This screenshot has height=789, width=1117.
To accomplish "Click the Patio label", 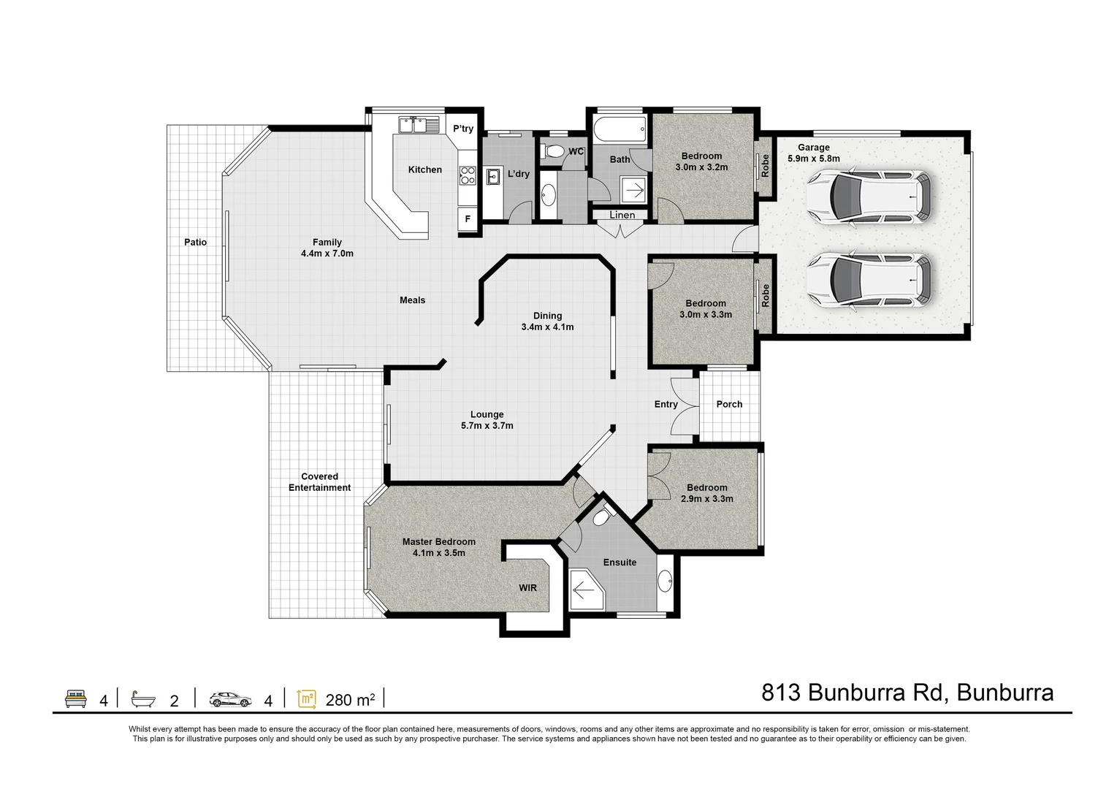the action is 195,243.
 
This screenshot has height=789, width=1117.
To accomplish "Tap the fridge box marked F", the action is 468,218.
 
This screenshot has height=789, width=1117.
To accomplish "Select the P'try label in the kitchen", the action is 462,129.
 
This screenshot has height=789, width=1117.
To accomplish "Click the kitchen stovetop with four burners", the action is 468,175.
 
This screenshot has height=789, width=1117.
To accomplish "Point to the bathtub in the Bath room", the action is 620,129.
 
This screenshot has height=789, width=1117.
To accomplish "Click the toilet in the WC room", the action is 552,150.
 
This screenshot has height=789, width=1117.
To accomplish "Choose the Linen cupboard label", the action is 622,215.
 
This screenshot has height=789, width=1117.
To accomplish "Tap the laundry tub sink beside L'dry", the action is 493,177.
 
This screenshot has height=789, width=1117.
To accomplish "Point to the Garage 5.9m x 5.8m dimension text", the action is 813,153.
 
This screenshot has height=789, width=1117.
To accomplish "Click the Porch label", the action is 729,405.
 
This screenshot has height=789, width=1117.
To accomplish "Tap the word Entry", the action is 666,405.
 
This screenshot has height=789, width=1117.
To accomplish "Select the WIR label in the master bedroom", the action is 527,588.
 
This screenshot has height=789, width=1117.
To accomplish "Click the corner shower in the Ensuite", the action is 587,590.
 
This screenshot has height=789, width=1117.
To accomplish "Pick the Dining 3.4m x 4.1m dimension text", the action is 547,321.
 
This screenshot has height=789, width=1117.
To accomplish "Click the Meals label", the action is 413,300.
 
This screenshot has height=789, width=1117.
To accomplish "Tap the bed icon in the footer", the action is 76,698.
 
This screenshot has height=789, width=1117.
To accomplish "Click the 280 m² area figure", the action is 350,700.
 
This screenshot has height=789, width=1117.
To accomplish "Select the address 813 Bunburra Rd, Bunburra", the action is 907,693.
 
